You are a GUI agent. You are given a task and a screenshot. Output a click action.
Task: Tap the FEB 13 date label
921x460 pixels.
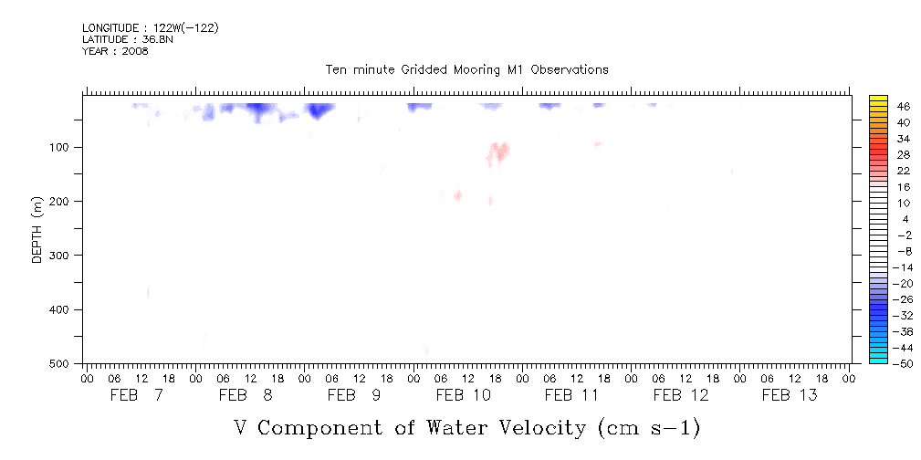pyautogui.click(x=790, y=395)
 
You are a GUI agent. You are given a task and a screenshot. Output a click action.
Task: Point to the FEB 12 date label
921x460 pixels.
pyautogui.click(x=681, y=395)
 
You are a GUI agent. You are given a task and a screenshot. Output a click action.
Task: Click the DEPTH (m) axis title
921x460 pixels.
pyautogui.click(x=37, y=228)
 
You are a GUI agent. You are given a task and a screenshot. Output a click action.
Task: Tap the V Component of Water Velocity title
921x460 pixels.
pyautogui.click(x=466, y=427)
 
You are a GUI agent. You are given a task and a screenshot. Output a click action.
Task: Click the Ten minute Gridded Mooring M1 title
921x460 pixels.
pyautogui.click(x=466, y=70)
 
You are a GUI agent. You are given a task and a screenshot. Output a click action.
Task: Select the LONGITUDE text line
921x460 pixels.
pyautogui.click(x=150, y=28)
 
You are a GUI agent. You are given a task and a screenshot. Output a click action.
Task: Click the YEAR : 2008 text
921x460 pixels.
pyautogui.click(x=115, y=51)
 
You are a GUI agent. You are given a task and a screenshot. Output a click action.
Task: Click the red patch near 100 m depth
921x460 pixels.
pyautogui.click(x=499, y=151)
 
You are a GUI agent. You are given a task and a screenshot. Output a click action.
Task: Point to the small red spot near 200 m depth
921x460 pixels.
pyautogui.click(x=457, y=195)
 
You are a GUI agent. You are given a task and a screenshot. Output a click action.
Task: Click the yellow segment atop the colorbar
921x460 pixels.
pyautogui.click(x=879, y=100)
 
